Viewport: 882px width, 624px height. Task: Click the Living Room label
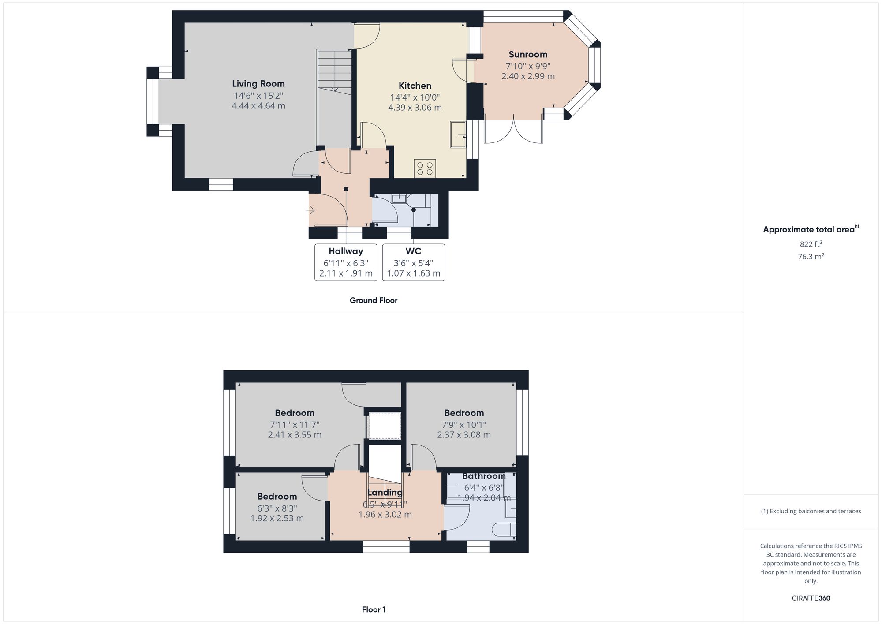coord(258,84)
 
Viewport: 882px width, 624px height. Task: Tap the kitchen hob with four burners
coord(425,168)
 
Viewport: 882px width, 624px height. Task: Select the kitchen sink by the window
coord(458,134)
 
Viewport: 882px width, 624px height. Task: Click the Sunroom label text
coord(528,55)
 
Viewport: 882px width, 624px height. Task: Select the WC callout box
coord(413,262)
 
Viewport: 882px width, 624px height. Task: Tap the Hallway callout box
coord(346,262)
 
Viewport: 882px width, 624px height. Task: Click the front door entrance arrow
coord(310,210)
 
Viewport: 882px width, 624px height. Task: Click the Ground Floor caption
coord(374,300)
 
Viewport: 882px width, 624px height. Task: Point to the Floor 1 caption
coord(374,609)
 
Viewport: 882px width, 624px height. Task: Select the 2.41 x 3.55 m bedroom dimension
coord(295,435)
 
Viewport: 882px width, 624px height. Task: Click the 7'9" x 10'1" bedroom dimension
coord(464,425)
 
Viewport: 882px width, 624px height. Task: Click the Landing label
coord(385,493)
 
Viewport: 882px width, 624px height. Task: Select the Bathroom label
coord(484,476)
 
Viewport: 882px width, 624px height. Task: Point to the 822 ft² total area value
coord(811,244)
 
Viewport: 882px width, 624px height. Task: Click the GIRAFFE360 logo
coord(811,598)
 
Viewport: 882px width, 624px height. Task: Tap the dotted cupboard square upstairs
coord(385,425)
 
